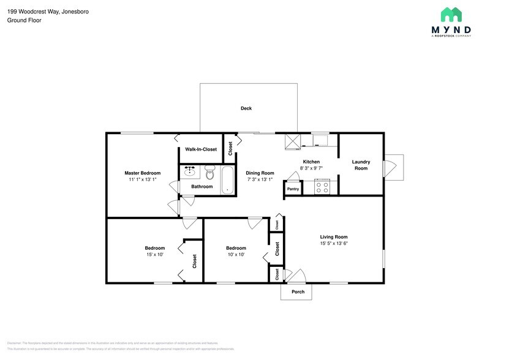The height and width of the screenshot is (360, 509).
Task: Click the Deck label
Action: pos(246,108)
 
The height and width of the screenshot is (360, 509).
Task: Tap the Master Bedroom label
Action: pos(143,173)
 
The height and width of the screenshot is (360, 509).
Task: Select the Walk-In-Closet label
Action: pos(201,149)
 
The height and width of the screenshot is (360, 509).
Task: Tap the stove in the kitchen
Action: pos(322,187)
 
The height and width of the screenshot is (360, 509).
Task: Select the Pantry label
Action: pos(293,189)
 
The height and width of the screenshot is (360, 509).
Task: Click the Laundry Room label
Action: pos(361,165)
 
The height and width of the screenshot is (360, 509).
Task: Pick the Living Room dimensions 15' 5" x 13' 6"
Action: pos(334,243)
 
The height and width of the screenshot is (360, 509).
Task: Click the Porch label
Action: pos(298,292)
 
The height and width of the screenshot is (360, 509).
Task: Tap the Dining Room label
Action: pos(260,173)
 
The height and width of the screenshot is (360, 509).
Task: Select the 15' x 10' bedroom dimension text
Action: pos(154,255)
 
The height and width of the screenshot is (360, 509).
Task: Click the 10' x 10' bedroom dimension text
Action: pos(236,255)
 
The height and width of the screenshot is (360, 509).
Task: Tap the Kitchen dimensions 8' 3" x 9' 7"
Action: pos(311,168)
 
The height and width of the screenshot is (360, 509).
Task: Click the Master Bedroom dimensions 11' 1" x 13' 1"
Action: pos(143,179)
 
